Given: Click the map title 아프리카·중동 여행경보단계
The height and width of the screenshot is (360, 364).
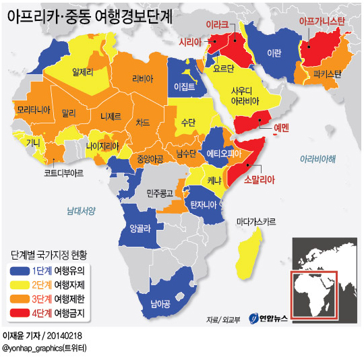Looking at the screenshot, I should (x=90, y=16).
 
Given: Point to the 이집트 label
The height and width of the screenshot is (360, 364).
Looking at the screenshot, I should (x=183, y=87).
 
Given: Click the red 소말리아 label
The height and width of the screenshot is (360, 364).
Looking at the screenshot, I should (x=260, y=180).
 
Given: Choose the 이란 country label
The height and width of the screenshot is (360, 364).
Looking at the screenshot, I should (x=274, y=53).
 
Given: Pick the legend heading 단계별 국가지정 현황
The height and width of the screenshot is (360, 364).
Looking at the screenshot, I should (x=49, y=256).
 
